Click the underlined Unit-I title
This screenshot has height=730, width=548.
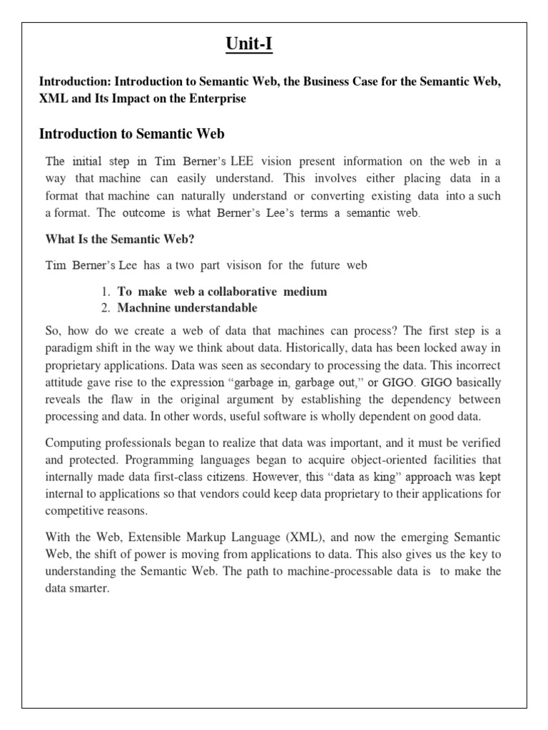pos(249,45)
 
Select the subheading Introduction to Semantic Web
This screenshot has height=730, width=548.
pos(132,133)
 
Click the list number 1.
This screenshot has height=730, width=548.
pos(104,292)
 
